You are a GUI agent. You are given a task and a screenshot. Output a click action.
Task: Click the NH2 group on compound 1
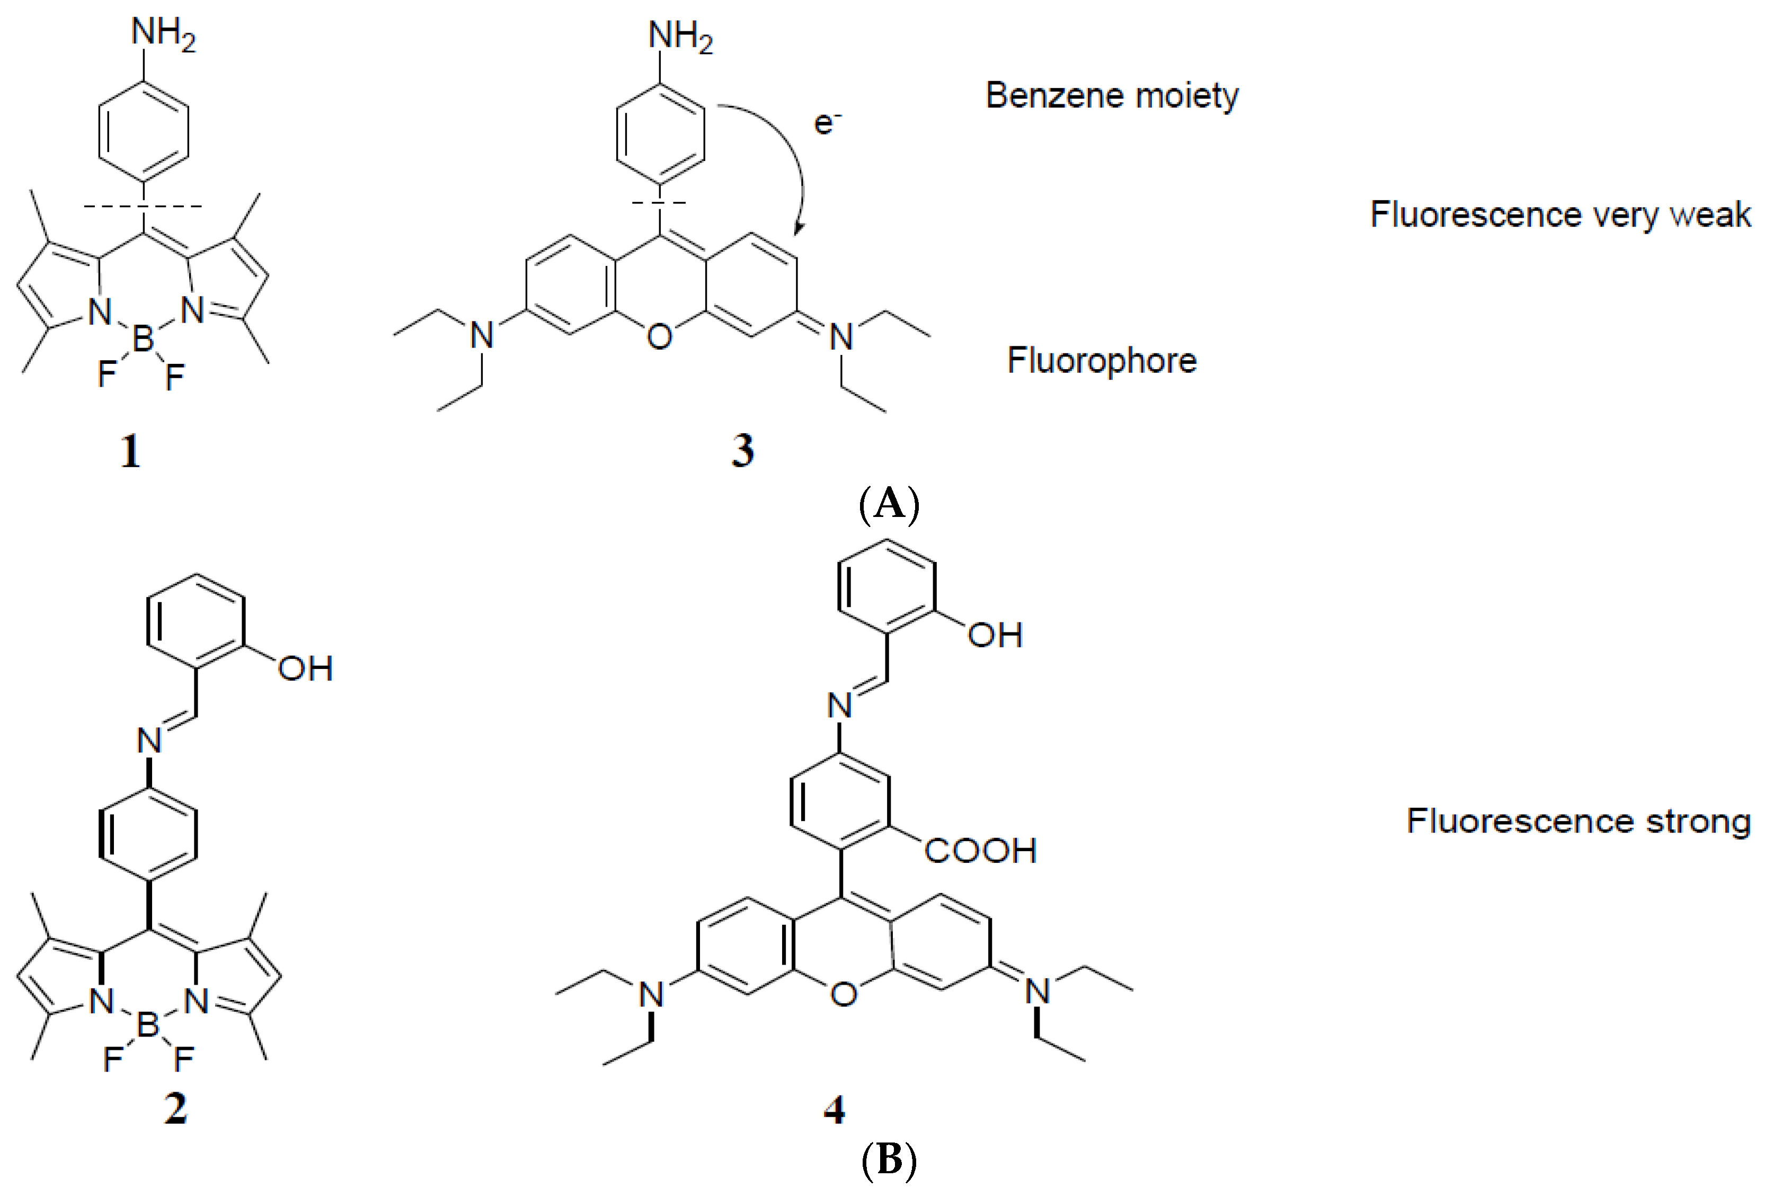[x=163, y=34]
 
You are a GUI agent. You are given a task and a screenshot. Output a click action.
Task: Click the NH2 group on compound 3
[x=680, y=37]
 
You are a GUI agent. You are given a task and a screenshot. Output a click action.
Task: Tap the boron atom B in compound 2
[x=147, y=1026]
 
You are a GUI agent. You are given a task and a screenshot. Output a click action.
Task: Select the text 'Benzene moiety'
[x=1112, y=96]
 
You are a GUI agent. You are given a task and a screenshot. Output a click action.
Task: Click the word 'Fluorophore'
[x=1102, y=360]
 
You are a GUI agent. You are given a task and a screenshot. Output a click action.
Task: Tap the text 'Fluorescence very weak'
[x=1560, y=215]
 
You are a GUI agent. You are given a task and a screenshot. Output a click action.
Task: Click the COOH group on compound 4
[x=980, y=851]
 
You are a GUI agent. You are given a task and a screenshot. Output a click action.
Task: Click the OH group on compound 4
[x=995, y=635]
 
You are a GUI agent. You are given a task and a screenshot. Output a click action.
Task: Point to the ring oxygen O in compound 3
[x=660, y=336]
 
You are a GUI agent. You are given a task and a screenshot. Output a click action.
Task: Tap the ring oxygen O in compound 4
[x=843, y=994]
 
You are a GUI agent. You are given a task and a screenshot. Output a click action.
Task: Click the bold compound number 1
[x=130, y=452]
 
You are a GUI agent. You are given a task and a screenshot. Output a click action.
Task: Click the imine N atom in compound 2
[x=149, y=740]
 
